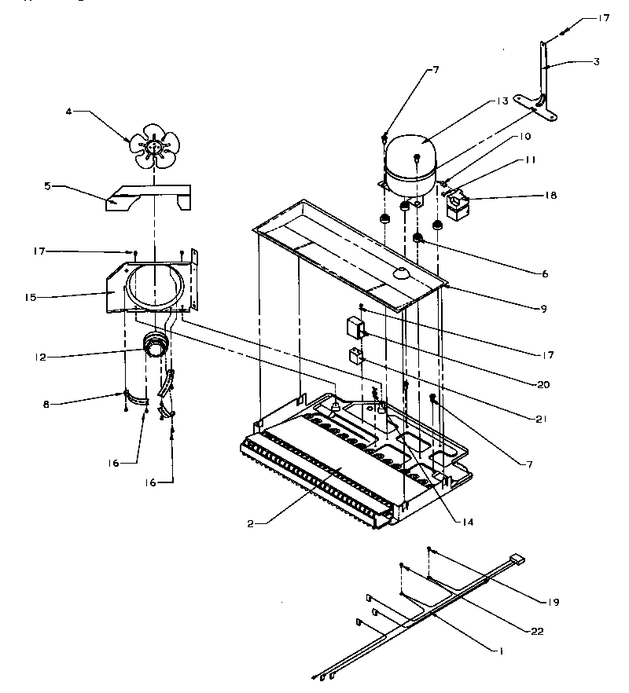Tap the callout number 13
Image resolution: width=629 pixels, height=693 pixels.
502,101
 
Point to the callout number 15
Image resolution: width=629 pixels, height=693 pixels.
31,298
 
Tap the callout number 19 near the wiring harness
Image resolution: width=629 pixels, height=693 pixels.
554,602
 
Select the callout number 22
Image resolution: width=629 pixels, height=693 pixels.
536,631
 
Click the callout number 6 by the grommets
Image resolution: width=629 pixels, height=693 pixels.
545,274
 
